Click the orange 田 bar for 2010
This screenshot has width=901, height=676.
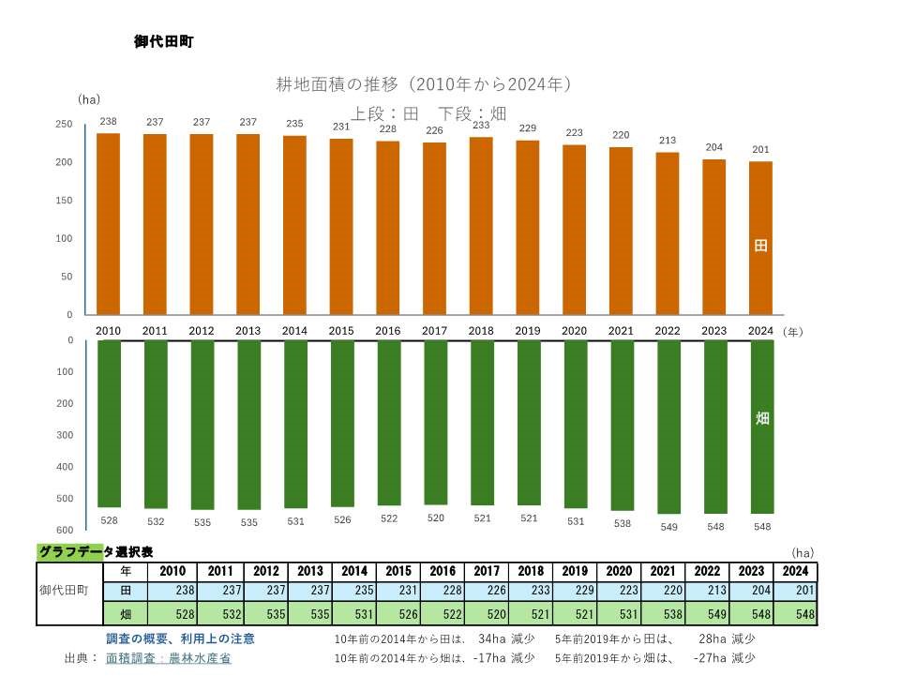coord(109,224)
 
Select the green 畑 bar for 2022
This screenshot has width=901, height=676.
coord(668,427)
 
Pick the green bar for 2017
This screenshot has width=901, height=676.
coord(435,422)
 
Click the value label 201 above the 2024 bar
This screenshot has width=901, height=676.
coord(761,149)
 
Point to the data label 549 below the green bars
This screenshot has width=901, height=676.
coord(668,526)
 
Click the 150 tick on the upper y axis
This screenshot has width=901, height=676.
coord(65,201)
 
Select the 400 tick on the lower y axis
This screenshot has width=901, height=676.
coord(65,467)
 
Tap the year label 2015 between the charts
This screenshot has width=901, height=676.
coord(341,331)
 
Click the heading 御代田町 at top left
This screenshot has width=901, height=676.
coord(163,42)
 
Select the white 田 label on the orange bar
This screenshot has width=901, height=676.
coord(761,246)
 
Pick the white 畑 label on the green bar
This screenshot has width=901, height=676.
coord(762,418)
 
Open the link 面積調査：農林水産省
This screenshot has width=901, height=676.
coord(168,658)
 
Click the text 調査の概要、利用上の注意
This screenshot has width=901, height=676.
coord(180,638)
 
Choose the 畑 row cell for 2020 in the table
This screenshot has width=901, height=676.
coord(619,615)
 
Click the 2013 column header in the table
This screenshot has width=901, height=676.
coord(309,572)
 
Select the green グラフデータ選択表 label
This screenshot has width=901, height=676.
coord(95,552)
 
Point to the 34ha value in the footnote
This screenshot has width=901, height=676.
coord(493,638)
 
